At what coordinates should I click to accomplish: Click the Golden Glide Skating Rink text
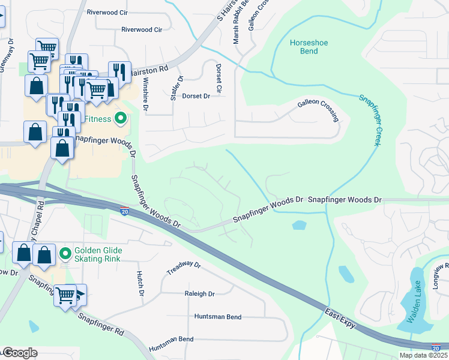[x=98, y=254]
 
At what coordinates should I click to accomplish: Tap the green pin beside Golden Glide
[x=65, y=254]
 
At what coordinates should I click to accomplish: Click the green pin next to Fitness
[x=121, y=119]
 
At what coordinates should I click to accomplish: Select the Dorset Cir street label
[x=218, y=78]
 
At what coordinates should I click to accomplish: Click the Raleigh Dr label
[x=199, y=294]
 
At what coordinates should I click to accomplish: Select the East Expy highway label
[x=340, y=319]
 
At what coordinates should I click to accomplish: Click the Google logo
[x=20, y=353]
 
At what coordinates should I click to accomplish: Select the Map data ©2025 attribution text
[x=423, y=355]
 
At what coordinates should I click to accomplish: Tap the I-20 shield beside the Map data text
[x=436, y=347]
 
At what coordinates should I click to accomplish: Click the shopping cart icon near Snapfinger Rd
[x=65, y=294]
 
